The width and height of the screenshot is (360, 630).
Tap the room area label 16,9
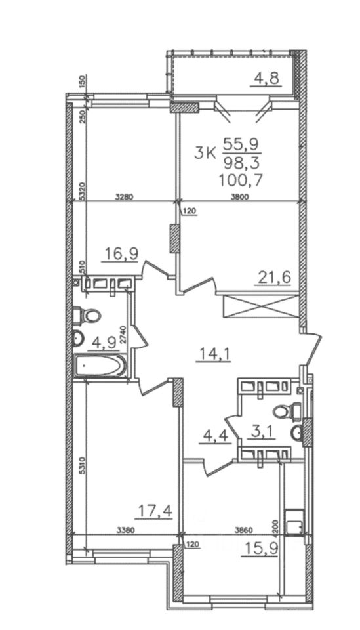[121, 253]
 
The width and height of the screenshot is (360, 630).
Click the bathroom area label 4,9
[104, 343]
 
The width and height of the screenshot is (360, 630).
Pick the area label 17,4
[155, 511]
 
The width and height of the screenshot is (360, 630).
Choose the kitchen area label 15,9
[259, 548]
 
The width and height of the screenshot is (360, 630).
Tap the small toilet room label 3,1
[260, 433]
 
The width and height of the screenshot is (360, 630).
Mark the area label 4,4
[216, 436]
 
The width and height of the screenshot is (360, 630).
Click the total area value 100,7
[241, 178]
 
